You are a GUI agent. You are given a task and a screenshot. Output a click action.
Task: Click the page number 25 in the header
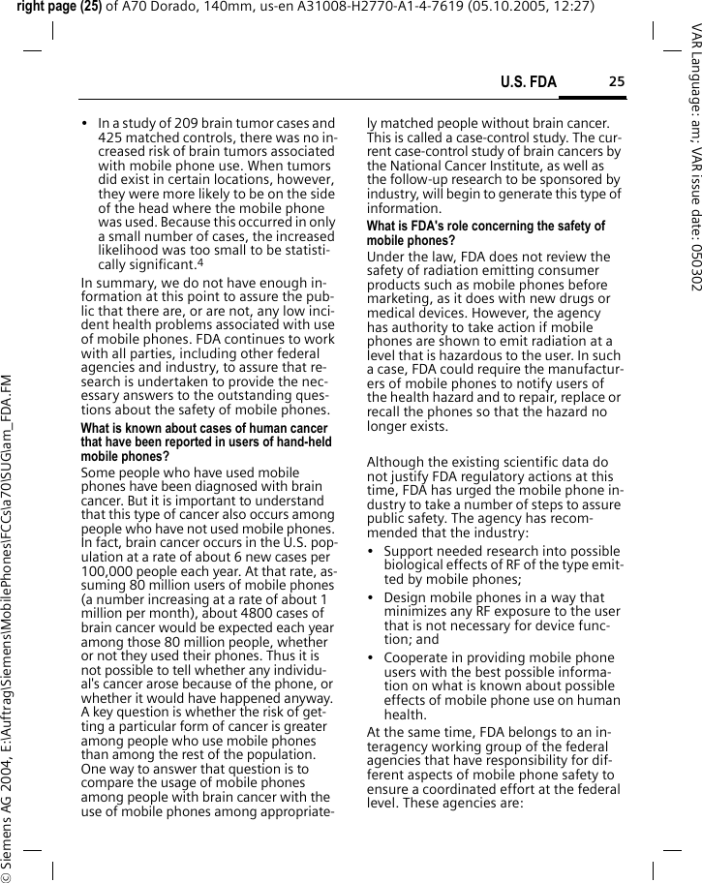click(617, 82)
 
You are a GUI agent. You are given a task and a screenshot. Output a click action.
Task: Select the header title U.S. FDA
click(528, 82)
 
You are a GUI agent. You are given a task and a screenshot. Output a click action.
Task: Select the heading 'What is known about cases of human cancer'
click(203, 429)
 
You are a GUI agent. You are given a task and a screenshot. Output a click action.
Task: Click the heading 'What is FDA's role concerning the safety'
click(485, 227)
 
